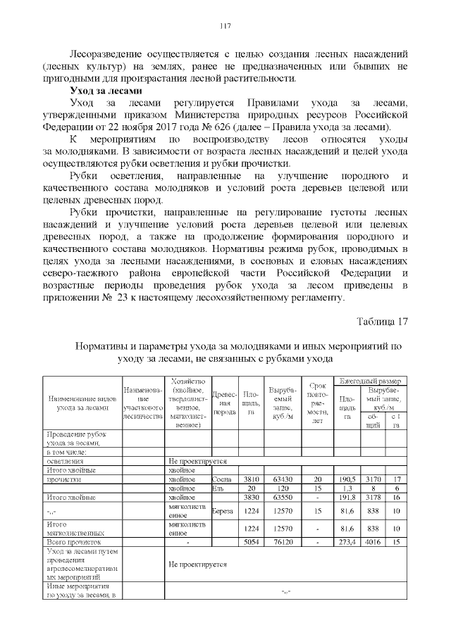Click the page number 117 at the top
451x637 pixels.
(225, 26)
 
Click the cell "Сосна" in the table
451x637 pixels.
(223, 479)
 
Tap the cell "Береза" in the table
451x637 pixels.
(224, 510)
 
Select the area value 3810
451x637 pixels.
(251, 479)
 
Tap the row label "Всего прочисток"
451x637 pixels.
(73, 543)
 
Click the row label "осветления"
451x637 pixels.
(63, 461)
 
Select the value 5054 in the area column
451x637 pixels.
(251, 543)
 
